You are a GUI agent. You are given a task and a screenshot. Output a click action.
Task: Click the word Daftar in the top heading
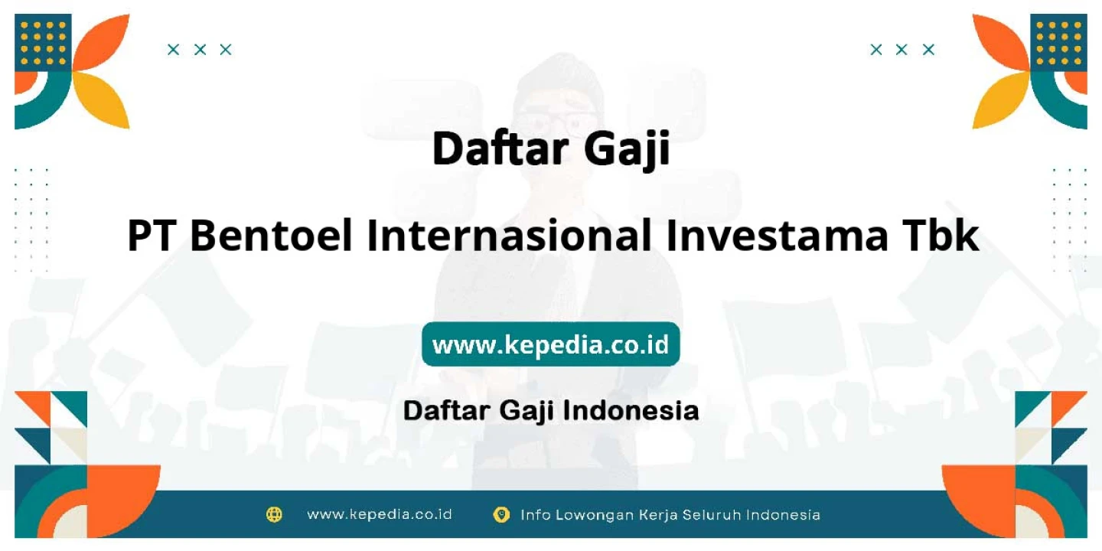pos(500,148)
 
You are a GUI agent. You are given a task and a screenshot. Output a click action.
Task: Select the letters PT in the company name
pos(152,236)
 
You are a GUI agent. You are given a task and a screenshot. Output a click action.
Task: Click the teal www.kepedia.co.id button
pos(551,344)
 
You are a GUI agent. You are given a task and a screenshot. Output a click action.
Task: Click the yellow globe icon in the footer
pos(274,514)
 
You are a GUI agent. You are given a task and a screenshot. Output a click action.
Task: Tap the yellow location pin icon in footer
pos(500,514)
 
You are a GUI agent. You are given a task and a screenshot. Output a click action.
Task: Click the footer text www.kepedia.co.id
pos(380,514)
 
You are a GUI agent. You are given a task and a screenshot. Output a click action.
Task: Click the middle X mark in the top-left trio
pos(200,50)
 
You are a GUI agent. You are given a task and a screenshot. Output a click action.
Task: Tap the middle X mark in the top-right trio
pos(901,50)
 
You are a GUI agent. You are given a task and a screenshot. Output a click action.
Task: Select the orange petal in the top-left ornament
pos(104,42)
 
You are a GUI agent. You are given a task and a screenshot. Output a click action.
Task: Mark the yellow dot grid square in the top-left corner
pos(43,43)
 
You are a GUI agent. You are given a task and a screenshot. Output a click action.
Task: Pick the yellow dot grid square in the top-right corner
pos(1058,43)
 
